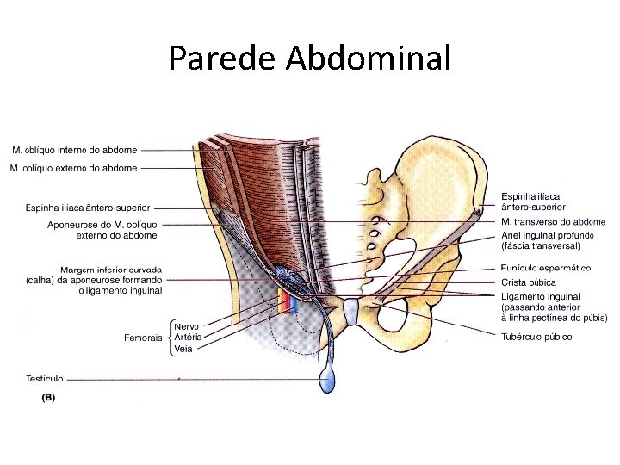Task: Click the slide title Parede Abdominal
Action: (310, 58)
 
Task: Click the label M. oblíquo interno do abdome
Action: (74, 150)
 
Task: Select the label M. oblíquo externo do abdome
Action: (73, 168)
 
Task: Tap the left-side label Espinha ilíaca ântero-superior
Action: (88, 208)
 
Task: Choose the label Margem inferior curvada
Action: (111, 270)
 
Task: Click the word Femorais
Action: (142, 338)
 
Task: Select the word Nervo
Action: (186, 326)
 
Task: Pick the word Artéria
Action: (188, 338)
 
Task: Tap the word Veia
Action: (183, 349)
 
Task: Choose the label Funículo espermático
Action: (545, 268)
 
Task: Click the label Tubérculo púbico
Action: (536, 337)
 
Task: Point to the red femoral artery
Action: (282, 301)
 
